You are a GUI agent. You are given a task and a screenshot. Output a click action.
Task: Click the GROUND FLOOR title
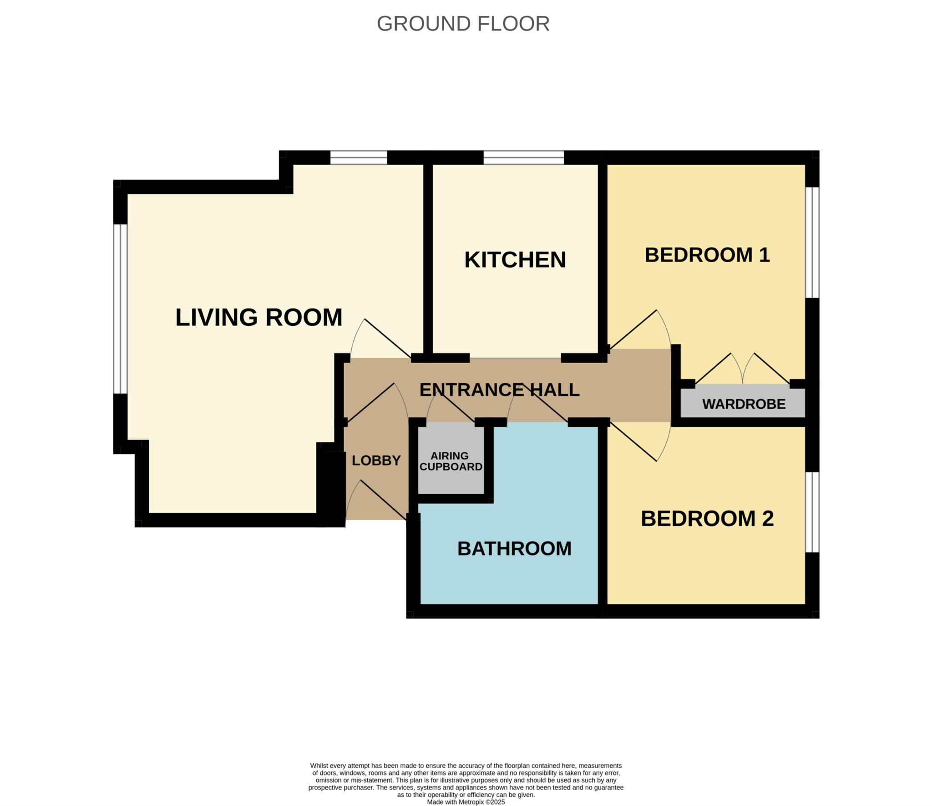click(x=463, y=24)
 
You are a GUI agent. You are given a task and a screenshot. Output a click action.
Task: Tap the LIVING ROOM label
click(x=258, y=317)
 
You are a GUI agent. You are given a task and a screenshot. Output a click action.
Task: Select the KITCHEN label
click(x=515, y=260)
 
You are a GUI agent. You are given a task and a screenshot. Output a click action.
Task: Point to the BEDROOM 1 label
click(x=707, y=255)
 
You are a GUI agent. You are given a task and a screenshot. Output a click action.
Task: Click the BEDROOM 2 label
click(x=707, y=518)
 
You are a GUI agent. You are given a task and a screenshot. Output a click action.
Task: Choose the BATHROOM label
click(x=514, y=548)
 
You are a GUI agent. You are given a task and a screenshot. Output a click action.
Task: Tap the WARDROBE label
click(x=744, y=404)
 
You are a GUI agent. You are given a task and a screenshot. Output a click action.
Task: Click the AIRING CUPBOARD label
click(x=451, y=461)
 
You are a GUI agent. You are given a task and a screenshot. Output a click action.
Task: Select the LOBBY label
click(x=376, y=461)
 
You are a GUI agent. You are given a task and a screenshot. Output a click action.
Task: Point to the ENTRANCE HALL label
click(x=499, y=390)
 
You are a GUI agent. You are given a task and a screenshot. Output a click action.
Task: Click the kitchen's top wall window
click(x=523, y=157)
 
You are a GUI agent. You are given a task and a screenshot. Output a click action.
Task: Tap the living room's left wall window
click(x=120, y=309)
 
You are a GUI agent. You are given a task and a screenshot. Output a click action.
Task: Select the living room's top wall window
click(x=359, y=157)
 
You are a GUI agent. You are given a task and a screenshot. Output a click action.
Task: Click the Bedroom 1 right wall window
click(x=812, y=243)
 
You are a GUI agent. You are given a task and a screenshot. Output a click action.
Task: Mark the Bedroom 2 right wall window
click(x=812, y=512)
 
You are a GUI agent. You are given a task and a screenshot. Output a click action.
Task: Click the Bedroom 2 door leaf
click(x=632, y=441)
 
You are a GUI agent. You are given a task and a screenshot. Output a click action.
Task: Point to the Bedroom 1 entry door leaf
click(x=632, y=329)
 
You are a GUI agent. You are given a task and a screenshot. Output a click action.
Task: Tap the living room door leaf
click(x=388, y=338)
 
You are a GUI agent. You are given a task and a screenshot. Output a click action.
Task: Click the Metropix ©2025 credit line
click(x=466, y=802)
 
